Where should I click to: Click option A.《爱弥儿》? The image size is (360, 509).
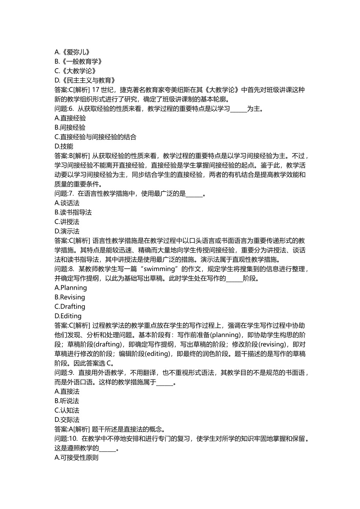72,52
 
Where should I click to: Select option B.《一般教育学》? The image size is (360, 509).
78,62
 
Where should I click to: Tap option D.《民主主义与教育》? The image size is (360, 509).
85,80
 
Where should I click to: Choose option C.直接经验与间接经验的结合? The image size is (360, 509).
95,137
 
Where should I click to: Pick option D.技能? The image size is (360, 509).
64,147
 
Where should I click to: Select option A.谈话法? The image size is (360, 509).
67,203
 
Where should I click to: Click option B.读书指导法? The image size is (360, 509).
73,212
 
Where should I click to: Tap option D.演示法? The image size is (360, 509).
67,231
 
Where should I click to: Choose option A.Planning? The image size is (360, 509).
71,288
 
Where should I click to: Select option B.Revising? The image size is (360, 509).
70,297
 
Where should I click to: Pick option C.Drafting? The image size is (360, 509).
70,307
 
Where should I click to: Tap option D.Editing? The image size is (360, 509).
68,316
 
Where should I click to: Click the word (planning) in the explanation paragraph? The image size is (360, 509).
227,335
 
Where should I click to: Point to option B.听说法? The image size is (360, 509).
67,401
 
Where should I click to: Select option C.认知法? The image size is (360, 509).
67,411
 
